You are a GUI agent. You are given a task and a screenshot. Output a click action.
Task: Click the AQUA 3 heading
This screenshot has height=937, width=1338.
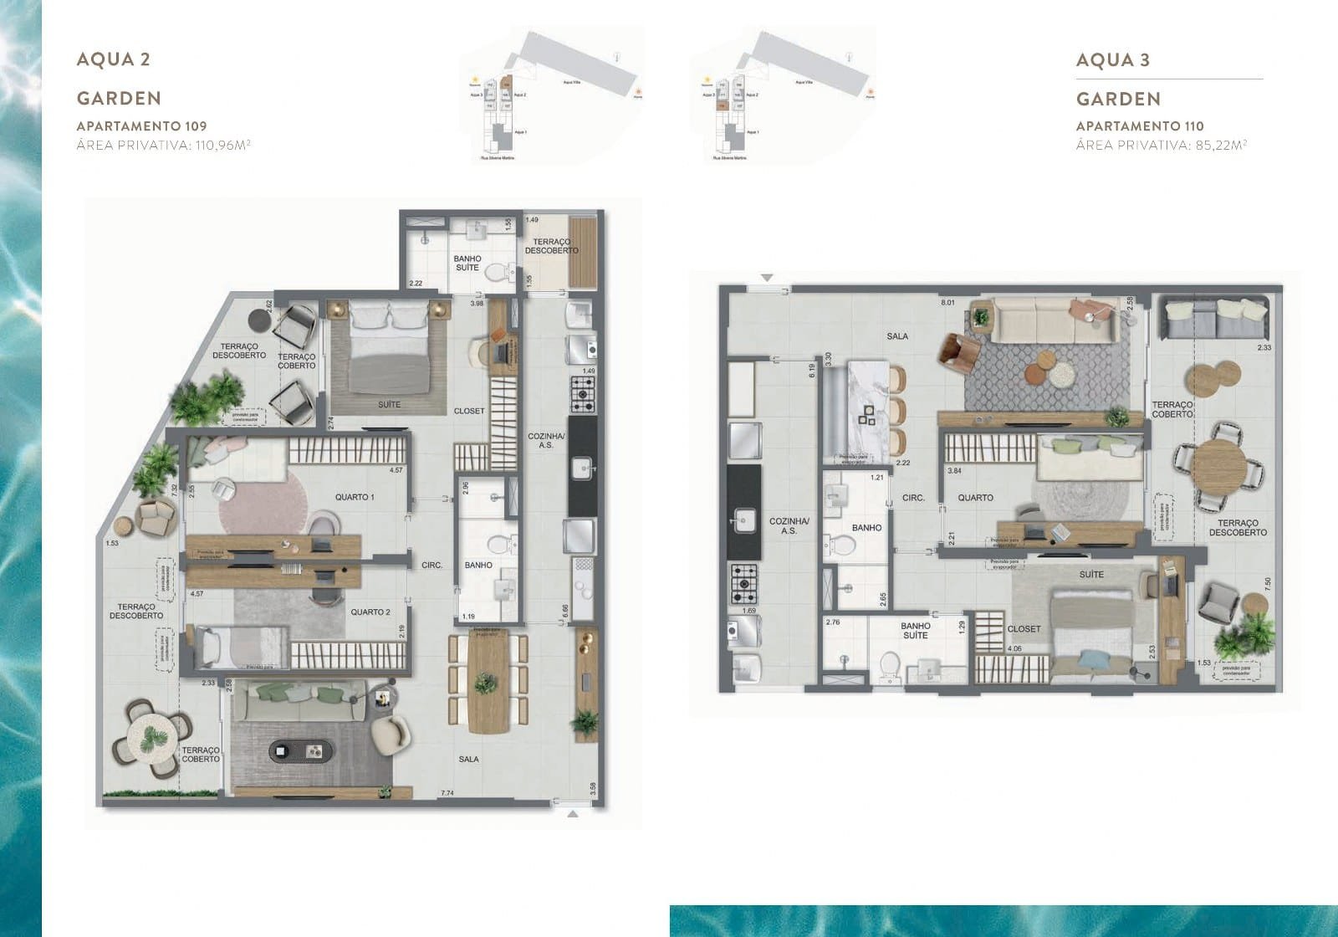(x=1112, y=59)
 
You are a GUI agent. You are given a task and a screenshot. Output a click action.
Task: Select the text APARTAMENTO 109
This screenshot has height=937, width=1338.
(x=141, y=126)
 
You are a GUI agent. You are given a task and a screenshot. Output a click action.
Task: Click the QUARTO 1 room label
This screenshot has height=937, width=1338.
(x=355, y=497)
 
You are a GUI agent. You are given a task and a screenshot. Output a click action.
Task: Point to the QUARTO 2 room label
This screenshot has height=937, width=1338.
(x=370, y=612)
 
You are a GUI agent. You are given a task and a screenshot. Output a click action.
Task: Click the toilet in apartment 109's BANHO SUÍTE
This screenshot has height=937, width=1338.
(x=498, y=272)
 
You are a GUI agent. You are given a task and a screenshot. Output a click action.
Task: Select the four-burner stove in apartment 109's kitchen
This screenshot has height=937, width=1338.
(x=583, y=393)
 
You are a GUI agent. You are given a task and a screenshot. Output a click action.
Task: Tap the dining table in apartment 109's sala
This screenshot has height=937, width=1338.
(x=488, y=684)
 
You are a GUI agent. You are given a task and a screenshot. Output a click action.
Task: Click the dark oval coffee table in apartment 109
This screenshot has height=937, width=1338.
(x=300, y=750)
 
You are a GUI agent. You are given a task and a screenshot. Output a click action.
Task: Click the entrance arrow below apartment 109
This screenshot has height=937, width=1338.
(x=573, y=813)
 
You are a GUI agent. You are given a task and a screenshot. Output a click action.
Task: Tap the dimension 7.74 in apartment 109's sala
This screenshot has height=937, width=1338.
(x=447, y=793)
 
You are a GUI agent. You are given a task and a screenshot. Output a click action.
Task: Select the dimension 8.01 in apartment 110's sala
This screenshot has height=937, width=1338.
(x=947, y=302)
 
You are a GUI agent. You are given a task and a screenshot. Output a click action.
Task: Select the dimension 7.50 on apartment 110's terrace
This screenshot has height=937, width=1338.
(x=1269, y=584)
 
